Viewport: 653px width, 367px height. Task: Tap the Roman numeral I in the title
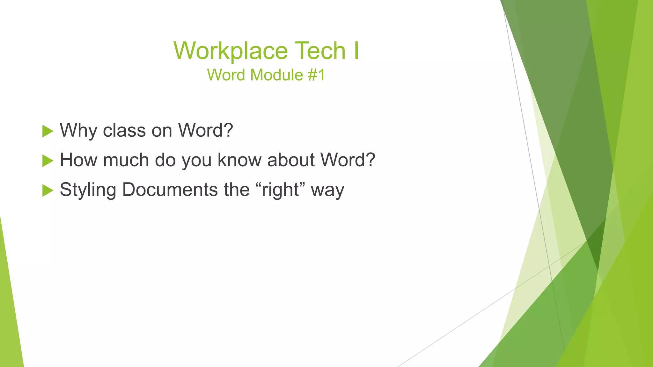(356, 51)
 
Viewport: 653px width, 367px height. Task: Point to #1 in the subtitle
(316, 75)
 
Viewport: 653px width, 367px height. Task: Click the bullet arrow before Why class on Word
(48, 131)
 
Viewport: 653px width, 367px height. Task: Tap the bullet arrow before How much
(48, 161)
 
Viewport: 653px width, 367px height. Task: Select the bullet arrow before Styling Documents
(48, 190)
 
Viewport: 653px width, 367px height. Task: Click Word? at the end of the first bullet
(205, 131)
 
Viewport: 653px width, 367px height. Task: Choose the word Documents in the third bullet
(170, 190)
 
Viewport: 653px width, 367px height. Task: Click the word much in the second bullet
(126, 160)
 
